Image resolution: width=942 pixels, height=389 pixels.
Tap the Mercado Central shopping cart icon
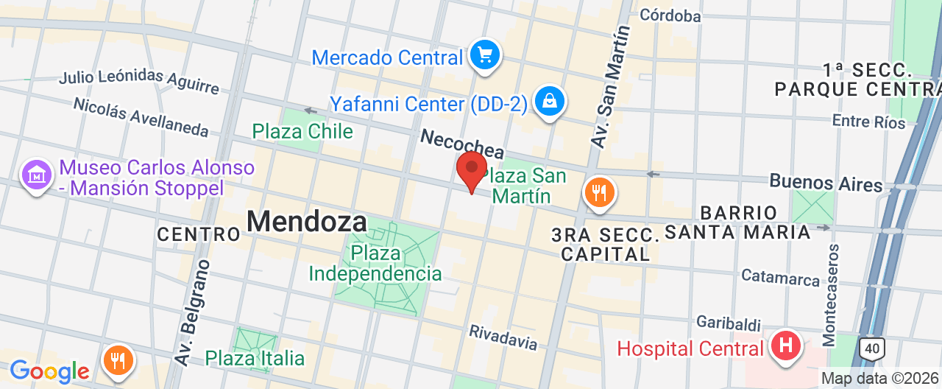tap(485, 55)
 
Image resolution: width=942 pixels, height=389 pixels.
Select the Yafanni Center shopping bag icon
tap(549, 102)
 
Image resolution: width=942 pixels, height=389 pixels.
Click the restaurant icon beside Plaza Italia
tap(117, 360)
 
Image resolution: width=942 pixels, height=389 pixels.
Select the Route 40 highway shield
tap(872, 348)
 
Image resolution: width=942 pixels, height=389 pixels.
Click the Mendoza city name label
tap(306, 221)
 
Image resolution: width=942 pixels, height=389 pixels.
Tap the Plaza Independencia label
tap(375, 264)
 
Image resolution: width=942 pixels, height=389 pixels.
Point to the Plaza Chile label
tap(302, 132)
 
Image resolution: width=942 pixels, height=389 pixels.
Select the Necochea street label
tap(461, 144)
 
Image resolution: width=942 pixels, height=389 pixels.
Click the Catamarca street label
tap(780, 278)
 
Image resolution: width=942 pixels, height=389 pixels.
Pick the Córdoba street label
tap(670, 15)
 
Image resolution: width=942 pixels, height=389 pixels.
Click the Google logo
tap(49, 371)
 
